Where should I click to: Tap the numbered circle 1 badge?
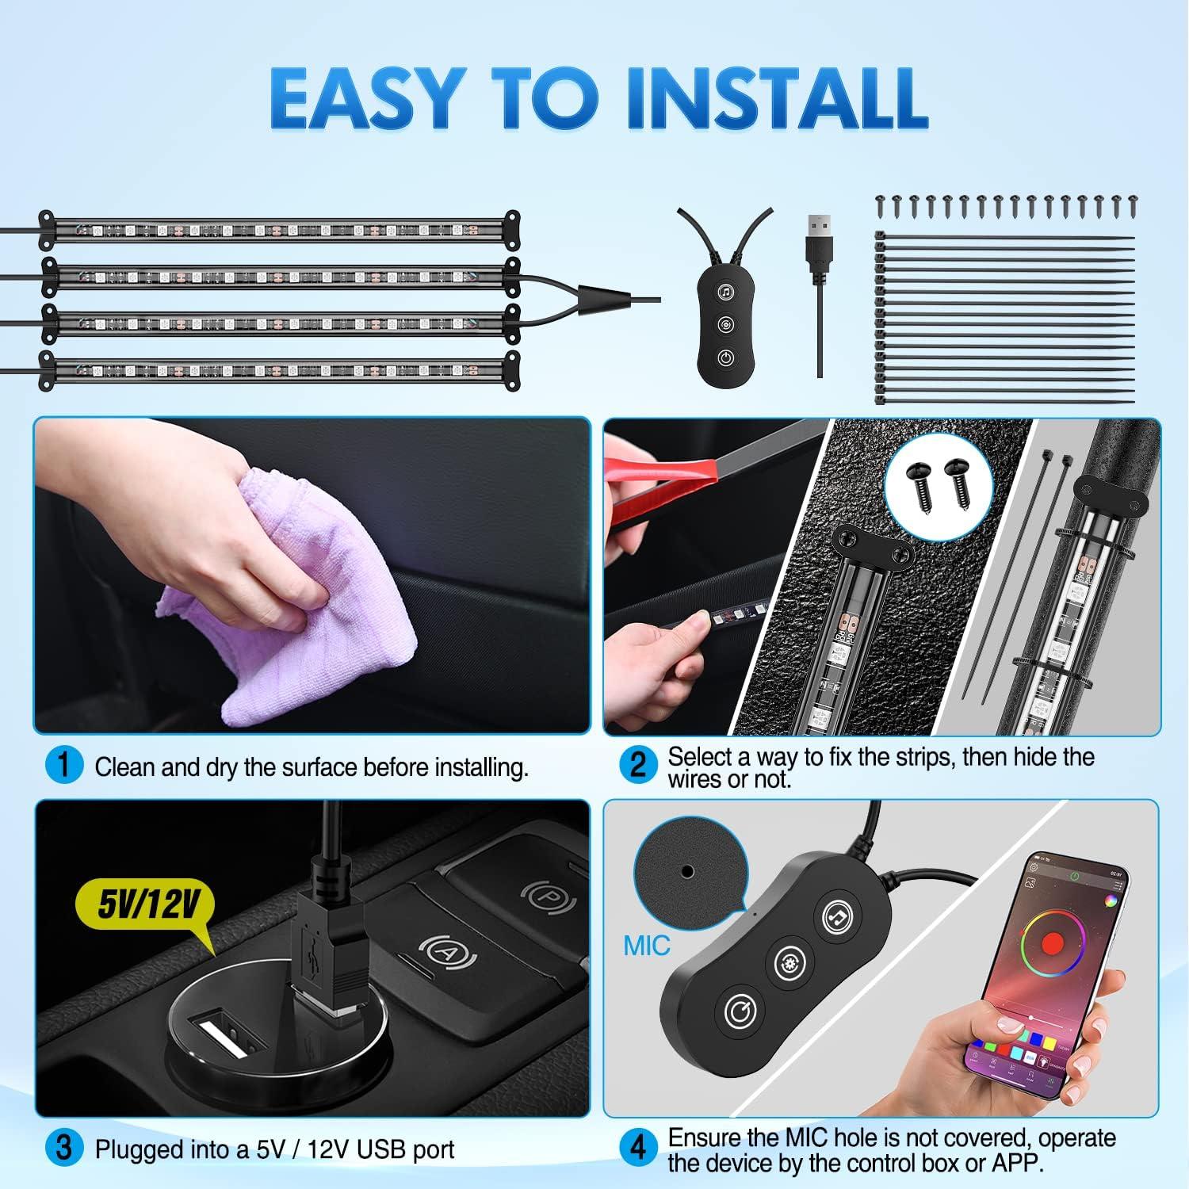click(x=64, y=766)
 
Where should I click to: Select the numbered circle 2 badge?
click(x=638, y=766)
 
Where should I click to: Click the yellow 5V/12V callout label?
click(x=147, y=904)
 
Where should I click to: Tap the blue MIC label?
click(x=646, y=946)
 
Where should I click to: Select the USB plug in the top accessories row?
click(x=819, y=254)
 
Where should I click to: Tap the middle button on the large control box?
click(x=789, y=962)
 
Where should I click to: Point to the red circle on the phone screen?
click(x=1052, y=942)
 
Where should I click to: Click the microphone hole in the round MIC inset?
click(x=687, y=871)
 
